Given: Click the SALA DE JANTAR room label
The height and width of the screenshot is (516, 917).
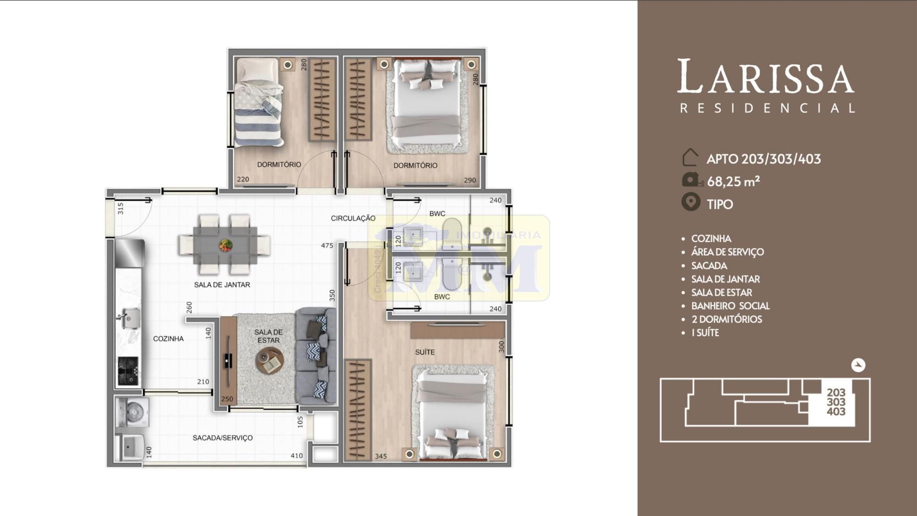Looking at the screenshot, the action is [222, 285].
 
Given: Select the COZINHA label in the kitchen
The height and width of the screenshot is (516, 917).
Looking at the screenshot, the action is [168, 338].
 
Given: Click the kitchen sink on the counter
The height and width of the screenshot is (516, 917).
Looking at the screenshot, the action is [130, 317].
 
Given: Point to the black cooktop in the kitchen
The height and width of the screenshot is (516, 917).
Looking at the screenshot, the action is [128, 371].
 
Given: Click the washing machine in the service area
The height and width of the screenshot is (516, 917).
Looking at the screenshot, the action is [130, 411].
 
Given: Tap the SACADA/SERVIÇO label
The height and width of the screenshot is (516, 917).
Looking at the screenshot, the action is [222, 438].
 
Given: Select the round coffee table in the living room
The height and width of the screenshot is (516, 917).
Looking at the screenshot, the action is [270, 361].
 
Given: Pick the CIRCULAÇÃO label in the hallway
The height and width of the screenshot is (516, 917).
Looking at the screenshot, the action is [353, 218].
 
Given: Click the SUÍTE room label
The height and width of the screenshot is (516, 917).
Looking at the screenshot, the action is [425, 352].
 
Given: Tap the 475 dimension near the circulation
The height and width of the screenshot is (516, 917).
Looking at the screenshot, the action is [327, 246].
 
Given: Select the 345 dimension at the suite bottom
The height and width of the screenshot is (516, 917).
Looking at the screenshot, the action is [381, 456].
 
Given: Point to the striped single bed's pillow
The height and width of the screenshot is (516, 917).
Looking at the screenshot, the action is [257, 69].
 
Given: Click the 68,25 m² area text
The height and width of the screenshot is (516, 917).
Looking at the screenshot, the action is [734, 182].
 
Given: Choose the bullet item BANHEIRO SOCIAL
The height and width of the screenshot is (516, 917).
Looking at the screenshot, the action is [730, 306].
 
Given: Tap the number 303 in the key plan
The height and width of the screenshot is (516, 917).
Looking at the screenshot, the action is [836, 402].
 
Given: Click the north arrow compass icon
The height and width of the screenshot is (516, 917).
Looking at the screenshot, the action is [858, 365].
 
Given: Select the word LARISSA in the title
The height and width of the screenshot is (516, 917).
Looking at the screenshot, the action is [765, 77].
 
